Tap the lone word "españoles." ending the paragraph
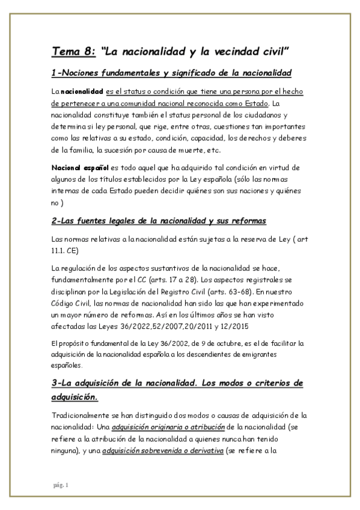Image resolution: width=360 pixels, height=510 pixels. click(x=67, y=364)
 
